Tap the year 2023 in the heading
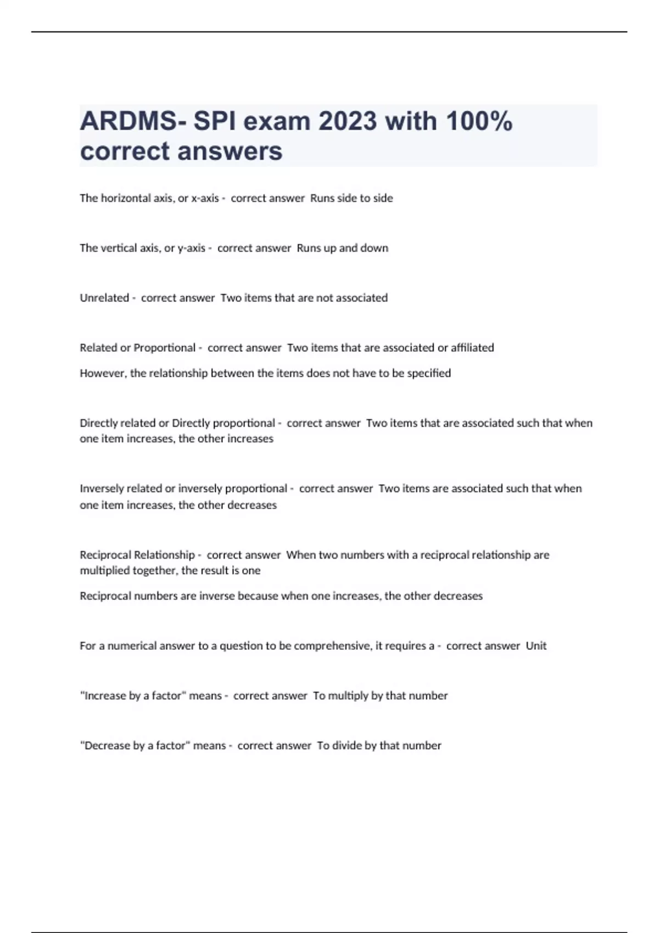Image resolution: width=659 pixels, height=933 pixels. point(348,121)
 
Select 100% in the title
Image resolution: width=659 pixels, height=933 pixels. point(479,121)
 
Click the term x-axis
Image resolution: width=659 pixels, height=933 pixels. point(205,198)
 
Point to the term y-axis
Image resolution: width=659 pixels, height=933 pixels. point(192,248)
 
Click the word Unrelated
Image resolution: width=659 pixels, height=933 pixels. point(104,298)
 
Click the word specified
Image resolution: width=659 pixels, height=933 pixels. point(429,373)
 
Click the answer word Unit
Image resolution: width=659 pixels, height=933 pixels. point(536,646)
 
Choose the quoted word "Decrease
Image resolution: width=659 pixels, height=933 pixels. point(105,746)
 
